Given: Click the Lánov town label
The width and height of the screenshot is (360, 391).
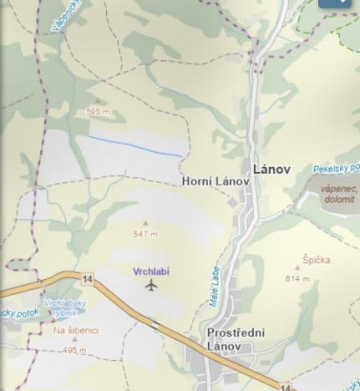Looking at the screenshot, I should [271, 169].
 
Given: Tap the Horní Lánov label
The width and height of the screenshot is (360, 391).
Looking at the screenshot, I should [215, 181].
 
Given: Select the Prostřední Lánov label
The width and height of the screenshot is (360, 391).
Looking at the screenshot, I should [236, 339].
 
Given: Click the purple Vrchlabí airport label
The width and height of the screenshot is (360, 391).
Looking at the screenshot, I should [150, 272].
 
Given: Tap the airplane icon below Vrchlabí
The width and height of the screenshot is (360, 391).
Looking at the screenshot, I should [151, 286].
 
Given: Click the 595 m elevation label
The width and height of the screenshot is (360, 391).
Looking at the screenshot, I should [98, 111].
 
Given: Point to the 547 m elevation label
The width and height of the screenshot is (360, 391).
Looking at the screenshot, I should [145, 234].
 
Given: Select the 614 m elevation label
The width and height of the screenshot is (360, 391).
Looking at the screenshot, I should [297, 278].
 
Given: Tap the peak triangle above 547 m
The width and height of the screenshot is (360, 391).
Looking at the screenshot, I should [145, 224].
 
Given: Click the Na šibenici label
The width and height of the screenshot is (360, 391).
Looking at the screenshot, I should [75, 330].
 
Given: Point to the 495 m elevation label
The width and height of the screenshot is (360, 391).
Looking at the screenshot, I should [74, 351].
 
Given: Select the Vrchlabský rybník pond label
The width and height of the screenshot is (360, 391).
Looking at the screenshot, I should [64, 307].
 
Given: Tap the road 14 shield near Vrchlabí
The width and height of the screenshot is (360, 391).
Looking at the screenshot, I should [86, 277].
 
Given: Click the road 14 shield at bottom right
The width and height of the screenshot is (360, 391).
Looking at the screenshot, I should [286, 387].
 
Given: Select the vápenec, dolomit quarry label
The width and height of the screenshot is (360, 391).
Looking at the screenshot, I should [338, 194].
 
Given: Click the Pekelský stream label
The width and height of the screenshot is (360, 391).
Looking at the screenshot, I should [337, 168].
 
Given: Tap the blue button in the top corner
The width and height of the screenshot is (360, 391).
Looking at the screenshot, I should [334, 3].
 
